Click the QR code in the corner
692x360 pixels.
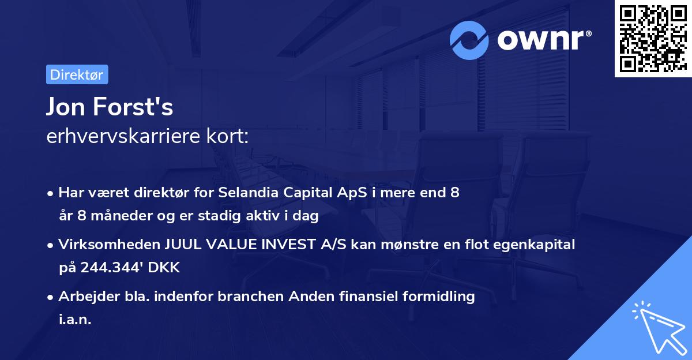coord(653,39)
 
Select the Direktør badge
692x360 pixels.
coord(77,74)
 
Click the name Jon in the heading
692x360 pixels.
coord(65,107)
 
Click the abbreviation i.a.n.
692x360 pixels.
coord(75,320)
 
